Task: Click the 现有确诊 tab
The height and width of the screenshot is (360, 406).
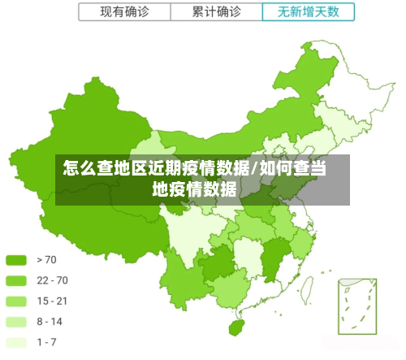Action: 124,12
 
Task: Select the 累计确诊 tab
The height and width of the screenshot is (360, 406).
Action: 217,12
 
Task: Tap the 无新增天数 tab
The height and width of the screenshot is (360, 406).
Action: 309,12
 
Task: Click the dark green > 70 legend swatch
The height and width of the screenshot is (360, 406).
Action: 17,260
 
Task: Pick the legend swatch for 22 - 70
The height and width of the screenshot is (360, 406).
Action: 17,280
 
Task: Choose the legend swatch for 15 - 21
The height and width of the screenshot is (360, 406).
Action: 17,301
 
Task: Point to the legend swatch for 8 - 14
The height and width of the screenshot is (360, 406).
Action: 17,322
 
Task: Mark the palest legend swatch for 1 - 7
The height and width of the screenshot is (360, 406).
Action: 17,342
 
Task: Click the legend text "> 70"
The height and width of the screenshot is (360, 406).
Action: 47,260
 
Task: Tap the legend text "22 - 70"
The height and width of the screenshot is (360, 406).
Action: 52,280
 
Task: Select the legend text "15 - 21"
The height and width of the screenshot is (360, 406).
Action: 52,301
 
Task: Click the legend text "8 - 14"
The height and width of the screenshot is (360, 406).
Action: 50,322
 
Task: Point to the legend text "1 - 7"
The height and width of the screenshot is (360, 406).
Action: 47,342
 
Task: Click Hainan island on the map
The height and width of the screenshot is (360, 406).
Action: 237,327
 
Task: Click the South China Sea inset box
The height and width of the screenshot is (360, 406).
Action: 357,306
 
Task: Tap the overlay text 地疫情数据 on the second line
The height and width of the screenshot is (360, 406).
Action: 195,190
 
